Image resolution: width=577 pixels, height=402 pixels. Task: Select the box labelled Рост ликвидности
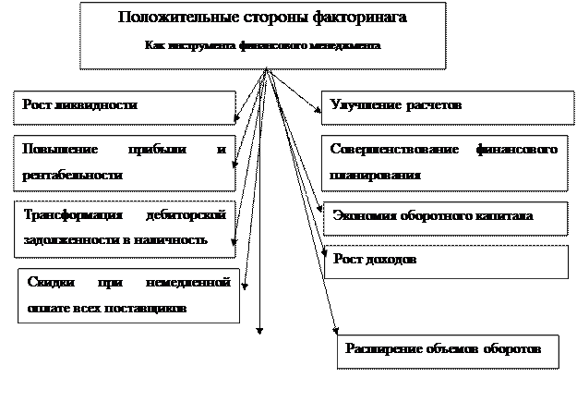[124, 106]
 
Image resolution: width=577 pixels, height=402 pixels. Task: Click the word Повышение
[53, 149]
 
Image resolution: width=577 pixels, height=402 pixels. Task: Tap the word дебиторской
[186, 214]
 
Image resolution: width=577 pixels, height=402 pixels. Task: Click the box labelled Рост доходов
[447, 260]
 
